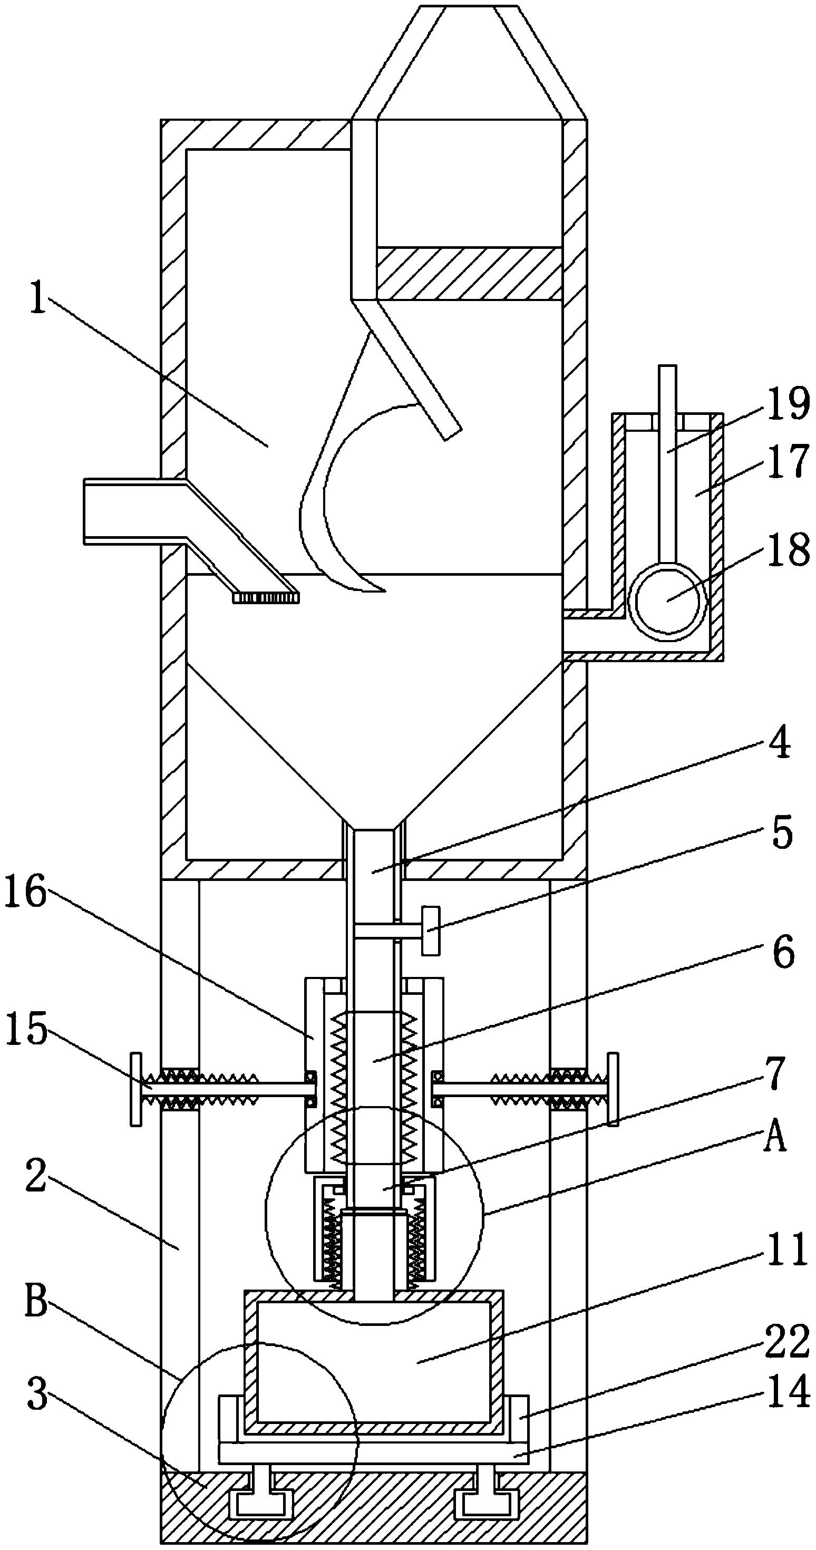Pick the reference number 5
[782, 834]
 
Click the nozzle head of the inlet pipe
[265, 597]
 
